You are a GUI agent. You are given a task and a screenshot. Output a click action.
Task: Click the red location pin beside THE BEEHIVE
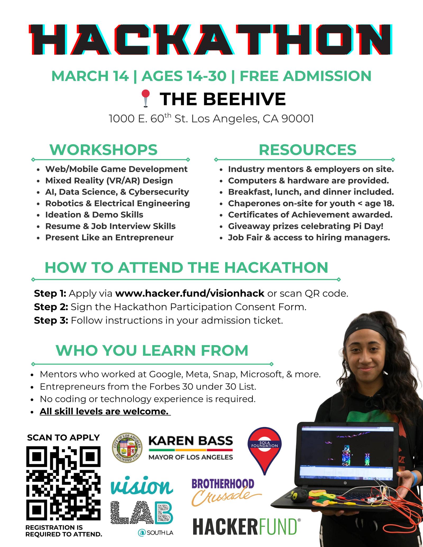[146, 99]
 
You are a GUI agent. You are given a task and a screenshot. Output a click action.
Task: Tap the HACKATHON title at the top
[211, 40]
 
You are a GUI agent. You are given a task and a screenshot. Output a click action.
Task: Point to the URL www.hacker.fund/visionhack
[190, 293]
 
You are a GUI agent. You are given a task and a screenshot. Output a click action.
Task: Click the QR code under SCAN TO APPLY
[63, 483]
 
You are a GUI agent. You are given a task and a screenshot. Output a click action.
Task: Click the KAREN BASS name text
[191, 441]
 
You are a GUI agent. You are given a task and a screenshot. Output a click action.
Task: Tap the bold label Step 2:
[51, 307]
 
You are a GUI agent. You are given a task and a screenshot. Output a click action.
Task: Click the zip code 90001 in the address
[297, 119]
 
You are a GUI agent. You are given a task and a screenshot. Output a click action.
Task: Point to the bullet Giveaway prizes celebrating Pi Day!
[306, 226]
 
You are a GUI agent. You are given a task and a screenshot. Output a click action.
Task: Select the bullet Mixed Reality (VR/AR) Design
[109, 180]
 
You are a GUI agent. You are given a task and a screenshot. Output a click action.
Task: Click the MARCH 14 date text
[90, 76]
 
